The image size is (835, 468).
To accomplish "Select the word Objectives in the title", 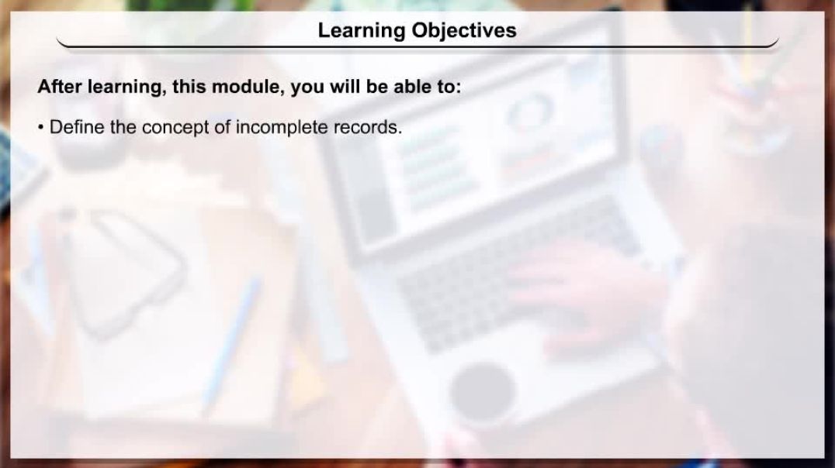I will [x=464, y=31].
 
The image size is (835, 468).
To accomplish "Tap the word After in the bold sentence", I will [x=59, y=87].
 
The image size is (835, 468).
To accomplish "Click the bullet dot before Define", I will [x=41, y=128].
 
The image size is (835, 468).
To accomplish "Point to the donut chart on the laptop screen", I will [x=531, y=113].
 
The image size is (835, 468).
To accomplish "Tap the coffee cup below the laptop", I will [x=482, y=391].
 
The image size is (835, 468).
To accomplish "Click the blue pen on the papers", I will [x=231, y=341].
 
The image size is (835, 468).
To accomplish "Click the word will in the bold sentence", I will [x=345, y=87].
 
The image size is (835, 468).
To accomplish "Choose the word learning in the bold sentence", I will [x=125, y=87].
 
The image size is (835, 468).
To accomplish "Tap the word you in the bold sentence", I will [x=307, y=87].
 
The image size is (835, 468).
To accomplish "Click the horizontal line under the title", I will [x=417, y=47].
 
